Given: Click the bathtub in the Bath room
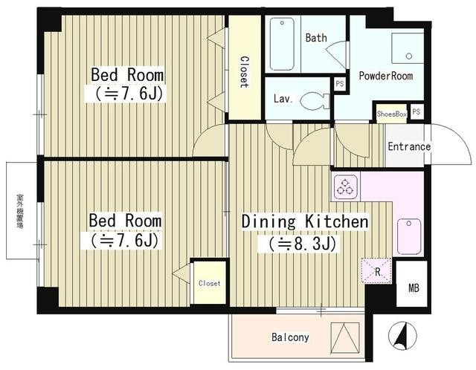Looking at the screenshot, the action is coord(282,44).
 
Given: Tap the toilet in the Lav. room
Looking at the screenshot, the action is coord(315,101).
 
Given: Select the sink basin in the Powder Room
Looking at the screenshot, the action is coord(408,48).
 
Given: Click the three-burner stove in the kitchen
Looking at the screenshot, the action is coord(345,186).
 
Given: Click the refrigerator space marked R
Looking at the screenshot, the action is coord(376,271).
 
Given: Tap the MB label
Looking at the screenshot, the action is coord(414,288).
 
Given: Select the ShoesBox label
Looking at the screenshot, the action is coord(392,114).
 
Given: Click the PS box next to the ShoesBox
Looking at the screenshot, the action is coord(416,112).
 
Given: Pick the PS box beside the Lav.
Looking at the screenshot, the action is coord(340,83).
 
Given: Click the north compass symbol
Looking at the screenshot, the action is coord(402,336).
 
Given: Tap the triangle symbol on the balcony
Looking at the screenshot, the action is coord(345,338).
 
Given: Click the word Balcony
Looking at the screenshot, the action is coord(290,337).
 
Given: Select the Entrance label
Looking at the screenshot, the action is coord(409,147).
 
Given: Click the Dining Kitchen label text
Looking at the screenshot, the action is coord(305,221).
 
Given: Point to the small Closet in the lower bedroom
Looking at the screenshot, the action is coord(210,282).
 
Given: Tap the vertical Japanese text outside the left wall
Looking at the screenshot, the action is coord(20,211).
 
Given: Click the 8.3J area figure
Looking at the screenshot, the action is coord(297,244).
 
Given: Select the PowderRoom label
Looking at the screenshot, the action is coord(386,76).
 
